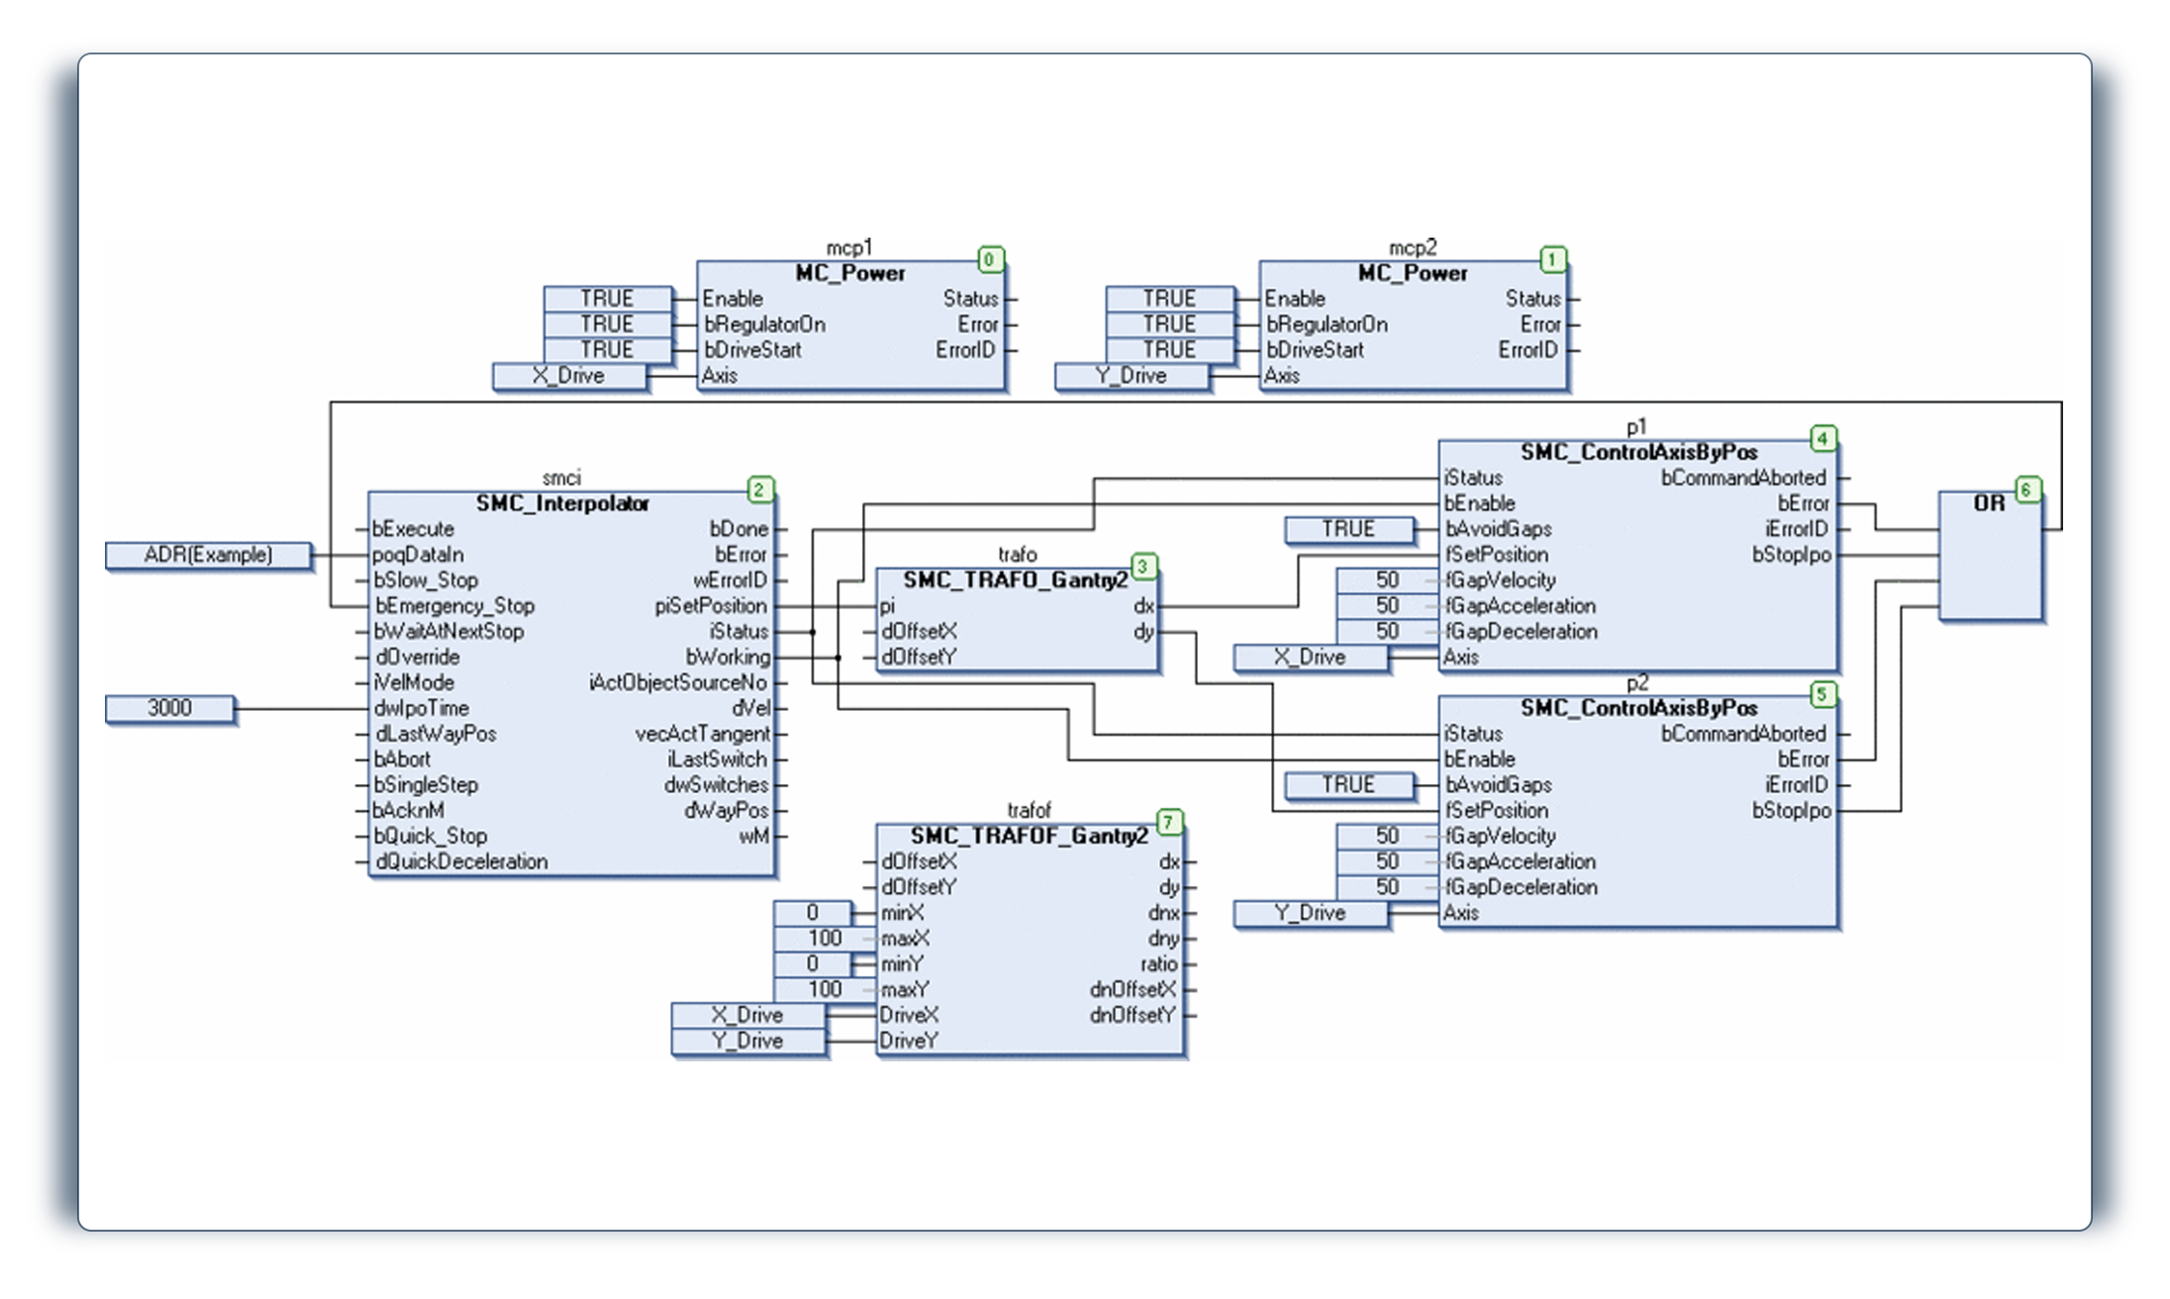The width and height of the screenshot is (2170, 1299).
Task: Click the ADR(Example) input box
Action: pyautogui.click(x=208, y=555)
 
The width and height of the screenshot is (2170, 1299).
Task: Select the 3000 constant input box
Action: pyautogui.click(x=170, y=709)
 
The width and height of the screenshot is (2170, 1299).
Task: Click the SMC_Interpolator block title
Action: pyautogui.click(x=562, y=504)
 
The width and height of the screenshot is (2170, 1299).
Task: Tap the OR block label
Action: pyautogui.click(x=1989, y=504)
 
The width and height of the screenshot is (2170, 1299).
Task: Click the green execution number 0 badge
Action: pyautogui.click(x=990, y=260)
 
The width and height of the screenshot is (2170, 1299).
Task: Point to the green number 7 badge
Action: pyautogui.click(x=1169, y=823)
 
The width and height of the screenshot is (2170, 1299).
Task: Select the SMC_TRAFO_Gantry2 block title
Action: pyautogui.click(x=1015, y=580)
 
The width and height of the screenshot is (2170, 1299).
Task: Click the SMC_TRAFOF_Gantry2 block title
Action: pyautogui.click(x=1029, y=837)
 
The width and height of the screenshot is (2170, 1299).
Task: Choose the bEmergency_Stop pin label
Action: pyautogui.click(x=454, y=606)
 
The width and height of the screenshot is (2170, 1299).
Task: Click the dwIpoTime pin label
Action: pyautogui.click(x=422, y=709)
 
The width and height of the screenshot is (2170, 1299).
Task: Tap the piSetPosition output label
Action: pyautogui.click(x=711, y=606)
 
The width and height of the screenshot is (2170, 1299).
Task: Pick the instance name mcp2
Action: pyautogui.click(x=1413, y=248)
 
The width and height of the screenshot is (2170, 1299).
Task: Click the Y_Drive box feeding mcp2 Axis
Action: pyautogui.click(x=1132, y=376)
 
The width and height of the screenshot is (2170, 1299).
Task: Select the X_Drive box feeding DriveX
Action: pyautogui.click(x=747, y=1016)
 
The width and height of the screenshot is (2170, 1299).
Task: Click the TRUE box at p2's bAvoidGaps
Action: pyautogui.click(x=1348, y=785)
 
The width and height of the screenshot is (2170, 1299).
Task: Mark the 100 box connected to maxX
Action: pyautogui.click(x=824, y=939)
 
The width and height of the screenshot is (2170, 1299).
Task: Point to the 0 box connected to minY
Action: pyautogui.click(x=812, y=964)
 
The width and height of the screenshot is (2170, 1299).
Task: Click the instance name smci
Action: pyautogui.click(x=561, y=478)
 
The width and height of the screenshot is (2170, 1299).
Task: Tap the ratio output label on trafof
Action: pyautogui.click(x=1158, y=964)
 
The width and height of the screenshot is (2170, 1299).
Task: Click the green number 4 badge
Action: pyautogui.click(x=1823, y=439)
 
